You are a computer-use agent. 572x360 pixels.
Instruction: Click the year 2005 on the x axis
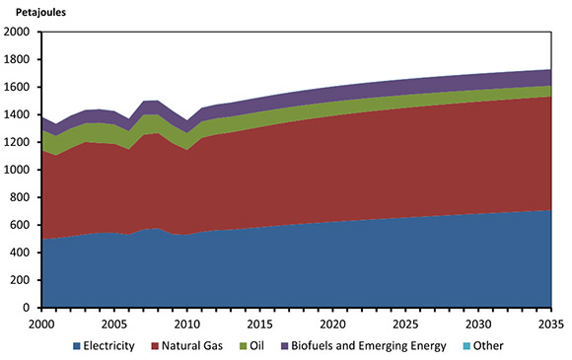click(113, 324)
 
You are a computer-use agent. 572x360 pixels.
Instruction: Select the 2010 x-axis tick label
click(187, 324)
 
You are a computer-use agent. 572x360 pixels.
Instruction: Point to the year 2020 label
click(334, 324)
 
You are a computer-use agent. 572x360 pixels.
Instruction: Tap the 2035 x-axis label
click(552, 324)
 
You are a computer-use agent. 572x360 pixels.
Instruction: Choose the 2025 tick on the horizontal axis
click(407, 324)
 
